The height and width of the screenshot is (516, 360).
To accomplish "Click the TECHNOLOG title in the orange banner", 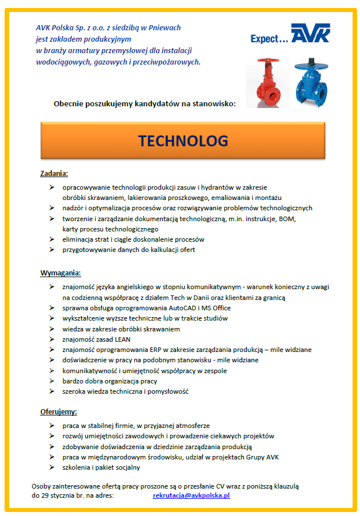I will pos(183,141).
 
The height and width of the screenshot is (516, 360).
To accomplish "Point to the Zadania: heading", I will pos(54,173).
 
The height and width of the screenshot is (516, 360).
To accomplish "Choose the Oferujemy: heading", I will pos(58,411).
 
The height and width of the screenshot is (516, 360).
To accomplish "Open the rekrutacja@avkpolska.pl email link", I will pos(191,495).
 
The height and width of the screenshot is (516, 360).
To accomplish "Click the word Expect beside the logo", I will pos(266,39).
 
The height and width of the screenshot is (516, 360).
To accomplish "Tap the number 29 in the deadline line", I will pos(45,495).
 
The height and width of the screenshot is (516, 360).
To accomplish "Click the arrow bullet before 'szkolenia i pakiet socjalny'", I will pos(51,467).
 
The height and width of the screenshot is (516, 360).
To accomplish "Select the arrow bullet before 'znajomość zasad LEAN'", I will pos(51,339).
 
